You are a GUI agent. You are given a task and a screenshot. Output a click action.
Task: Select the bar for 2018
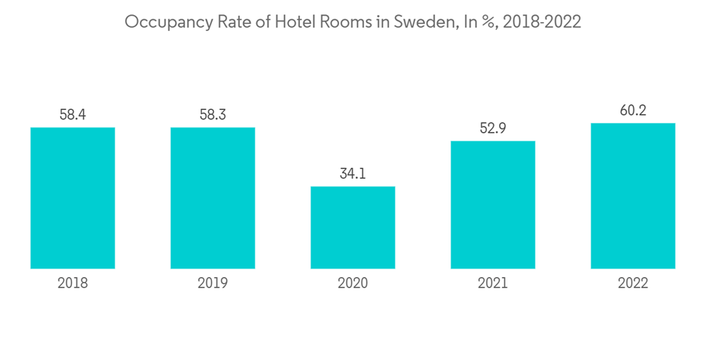point(73,198)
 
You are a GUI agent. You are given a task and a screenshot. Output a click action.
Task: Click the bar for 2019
point(213,198)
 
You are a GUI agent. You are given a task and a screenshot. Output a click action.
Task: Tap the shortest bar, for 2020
point(353,227)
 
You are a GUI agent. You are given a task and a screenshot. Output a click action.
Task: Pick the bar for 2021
point(493,204)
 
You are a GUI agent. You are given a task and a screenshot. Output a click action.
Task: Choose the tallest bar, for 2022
point(633,196)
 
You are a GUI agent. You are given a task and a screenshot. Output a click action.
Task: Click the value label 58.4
point(73,114)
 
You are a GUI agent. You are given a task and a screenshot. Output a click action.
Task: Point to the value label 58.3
point(213,114)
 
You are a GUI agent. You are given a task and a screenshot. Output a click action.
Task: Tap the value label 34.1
point(353,174)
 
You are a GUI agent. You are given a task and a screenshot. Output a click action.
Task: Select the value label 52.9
point(493,128)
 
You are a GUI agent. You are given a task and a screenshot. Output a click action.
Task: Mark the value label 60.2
point(633,110)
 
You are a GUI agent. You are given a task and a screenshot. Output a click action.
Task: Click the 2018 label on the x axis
point(73,284)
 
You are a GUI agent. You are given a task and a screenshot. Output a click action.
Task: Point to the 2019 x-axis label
point(213,284)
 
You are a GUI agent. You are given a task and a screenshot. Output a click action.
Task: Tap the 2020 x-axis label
point(353,284)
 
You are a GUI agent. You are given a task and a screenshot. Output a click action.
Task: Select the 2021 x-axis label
point(493,284)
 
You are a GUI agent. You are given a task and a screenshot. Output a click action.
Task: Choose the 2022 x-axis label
point(633,284)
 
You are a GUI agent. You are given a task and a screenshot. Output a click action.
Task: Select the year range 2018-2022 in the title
point(542,22)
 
